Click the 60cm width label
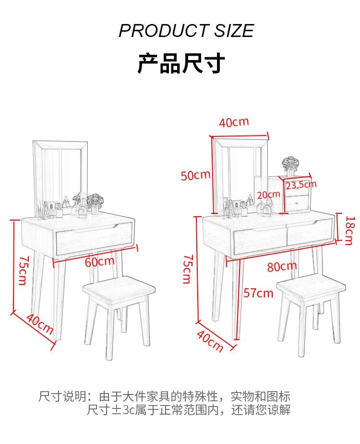click(x=99, y=261)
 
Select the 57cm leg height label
click(x=258, y=293)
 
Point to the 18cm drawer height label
click(x=349, y=231)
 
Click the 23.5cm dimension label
click(x=301, y=185)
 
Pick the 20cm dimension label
click(x=268, y=195)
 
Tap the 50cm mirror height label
click(x=196, y=175)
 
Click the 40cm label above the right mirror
click(x=234, y=123)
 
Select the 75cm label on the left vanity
click(x=23, y=271)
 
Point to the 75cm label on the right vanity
click(x=187, y=269)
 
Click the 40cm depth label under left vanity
click(x=40, y=324)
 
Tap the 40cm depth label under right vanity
click(x=210, y=341)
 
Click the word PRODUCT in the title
click(x=164, y=31)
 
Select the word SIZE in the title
click(x=234, y=31)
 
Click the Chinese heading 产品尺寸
click(x=181, y=63)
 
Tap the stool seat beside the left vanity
click(x=119, y=289)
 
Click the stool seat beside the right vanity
click(x=311, y=286)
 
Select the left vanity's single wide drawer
click(x=95, y=237)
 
